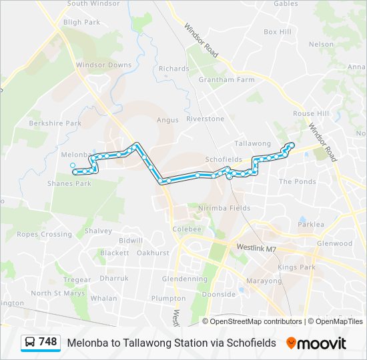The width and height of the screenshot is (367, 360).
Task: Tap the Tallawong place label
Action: tap(253, 144)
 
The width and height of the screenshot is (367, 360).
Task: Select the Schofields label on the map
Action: tap(223, 160)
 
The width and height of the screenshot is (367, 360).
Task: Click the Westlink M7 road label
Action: tap(255, 247)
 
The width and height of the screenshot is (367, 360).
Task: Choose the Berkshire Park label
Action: tap(55, 123)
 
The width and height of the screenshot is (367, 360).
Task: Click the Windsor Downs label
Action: tap(103, 65)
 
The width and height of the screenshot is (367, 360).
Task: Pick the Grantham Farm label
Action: tap(227, 80)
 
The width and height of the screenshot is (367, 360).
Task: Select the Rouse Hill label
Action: tap(311, 114)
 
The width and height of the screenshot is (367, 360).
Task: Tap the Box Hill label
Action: tap(278, 32)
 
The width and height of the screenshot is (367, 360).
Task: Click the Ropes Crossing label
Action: tap(44, 235)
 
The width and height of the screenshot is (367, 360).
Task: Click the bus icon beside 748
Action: tap(30, 343)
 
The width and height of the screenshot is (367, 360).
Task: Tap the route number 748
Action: tap(48, 342)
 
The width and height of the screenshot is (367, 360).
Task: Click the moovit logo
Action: tap(316, 343)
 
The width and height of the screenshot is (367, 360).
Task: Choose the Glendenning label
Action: tap(185, 279)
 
